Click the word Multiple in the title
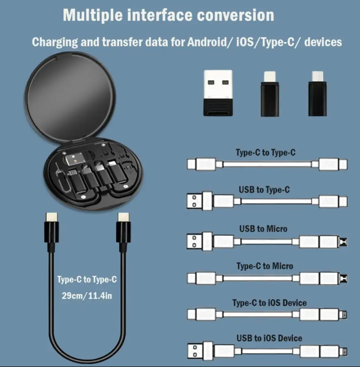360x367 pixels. point(93,16)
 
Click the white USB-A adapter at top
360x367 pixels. point(218,93)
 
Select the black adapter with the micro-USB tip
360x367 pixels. point(317,94)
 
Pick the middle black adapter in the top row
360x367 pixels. point(270,94)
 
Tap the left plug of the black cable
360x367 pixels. point(52,232)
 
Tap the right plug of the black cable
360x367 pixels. point(123,232)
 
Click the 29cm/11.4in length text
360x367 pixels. point(87,296)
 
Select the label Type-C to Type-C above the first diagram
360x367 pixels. point(265,152)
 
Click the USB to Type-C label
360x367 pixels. point(264,190)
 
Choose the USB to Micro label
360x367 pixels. point(263,229)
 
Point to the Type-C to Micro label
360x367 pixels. point(265,266)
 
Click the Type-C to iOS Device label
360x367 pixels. point(269,303)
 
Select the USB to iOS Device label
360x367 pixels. point(269,338)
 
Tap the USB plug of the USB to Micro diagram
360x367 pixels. point(199,241)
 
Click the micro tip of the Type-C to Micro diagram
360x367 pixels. point(343,278)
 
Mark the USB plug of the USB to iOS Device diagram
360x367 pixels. point(200,351)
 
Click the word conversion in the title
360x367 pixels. point(236,16)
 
